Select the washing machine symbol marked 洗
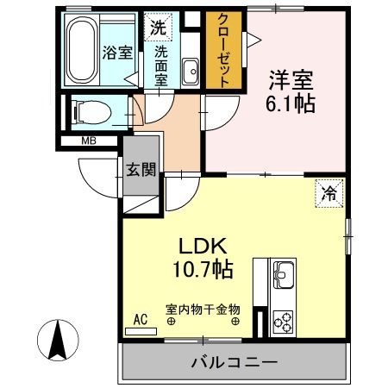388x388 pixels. coord(157,28)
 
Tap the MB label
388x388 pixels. coord(88,141)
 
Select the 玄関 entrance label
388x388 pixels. coord(142,169)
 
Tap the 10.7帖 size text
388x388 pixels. coord(204,270)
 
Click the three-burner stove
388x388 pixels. coord(284,323)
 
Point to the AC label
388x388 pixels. coord(140,318)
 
